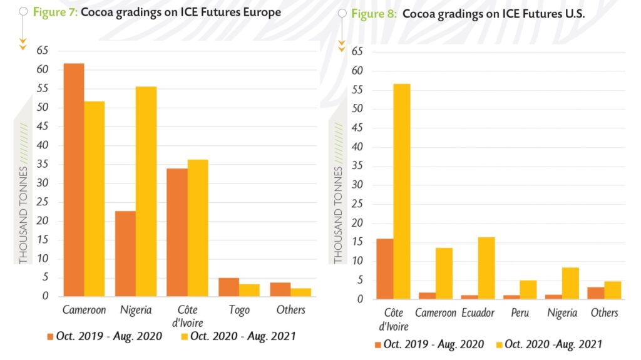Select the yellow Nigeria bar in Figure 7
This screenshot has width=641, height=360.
point(146,191)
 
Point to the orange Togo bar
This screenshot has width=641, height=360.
point(228,287)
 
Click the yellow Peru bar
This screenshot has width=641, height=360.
point(528,289)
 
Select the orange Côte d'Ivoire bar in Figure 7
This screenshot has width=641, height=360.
point(177,232)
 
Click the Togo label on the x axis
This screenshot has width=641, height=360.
point(239,310)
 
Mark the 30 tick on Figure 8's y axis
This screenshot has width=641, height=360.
point(359,185)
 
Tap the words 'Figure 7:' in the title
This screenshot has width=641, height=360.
point(55,12)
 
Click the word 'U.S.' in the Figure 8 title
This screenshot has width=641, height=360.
point(573,14)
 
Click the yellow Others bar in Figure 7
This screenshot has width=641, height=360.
point(300,292)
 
